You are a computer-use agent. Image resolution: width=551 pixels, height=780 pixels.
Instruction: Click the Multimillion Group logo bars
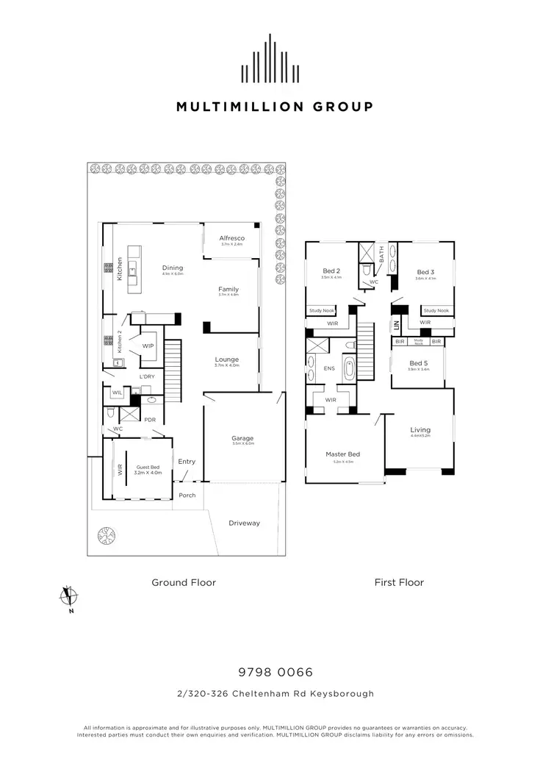(x=274, y=59)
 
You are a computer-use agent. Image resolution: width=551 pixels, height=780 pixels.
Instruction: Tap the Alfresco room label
(x=231, y=239)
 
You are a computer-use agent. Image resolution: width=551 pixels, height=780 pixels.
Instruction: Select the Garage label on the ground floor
(x=242, y=439)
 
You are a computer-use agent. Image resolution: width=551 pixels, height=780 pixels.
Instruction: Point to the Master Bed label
(x=340, y=454)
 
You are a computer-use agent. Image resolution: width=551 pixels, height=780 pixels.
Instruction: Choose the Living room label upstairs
(x=420, y=430)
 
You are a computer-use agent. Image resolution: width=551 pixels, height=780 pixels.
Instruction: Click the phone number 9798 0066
(x=275, y=672)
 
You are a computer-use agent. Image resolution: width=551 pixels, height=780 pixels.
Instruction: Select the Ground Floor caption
(x=184, y=582)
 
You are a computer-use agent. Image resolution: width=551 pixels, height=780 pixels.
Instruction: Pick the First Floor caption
(x=399, y=582)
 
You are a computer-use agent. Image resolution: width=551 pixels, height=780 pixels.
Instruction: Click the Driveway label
(x=244, y=523)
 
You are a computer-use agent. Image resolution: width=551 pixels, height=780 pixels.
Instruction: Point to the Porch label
(x=187, y=495)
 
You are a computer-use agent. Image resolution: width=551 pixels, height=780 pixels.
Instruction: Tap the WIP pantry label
(x=148, y=346)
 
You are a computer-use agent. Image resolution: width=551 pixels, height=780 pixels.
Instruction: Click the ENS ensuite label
(x=329, y=368)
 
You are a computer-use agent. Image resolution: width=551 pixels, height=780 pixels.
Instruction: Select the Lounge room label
(x=227, y=359)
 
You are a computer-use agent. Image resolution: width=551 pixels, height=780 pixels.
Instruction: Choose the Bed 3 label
(x=426, y=272)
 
